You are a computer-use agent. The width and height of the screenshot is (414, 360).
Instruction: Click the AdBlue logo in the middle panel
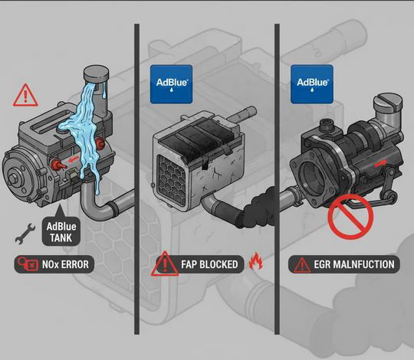pos(171,83)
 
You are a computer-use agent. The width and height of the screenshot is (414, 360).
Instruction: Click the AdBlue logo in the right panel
pos(312,83)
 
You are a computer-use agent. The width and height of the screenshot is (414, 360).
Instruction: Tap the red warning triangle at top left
pos(25,95)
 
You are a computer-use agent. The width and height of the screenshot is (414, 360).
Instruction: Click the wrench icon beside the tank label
pos(25,234)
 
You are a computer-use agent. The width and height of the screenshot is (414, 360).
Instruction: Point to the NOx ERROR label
pos(54,264)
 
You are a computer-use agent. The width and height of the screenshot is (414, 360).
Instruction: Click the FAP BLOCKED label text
pos(209,264)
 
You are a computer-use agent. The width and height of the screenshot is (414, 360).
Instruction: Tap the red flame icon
pos(256,261)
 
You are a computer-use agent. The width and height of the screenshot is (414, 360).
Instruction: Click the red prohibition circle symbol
pos(350,217)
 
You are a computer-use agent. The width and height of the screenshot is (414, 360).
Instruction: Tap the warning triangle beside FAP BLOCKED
pos(165,263)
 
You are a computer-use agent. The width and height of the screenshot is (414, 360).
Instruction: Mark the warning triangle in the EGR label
pos(302,265)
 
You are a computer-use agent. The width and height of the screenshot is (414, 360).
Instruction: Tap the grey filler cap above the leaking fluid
pos(96,73)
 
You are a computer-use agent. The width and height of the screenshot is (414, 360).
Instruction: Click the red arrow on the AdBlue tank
pos(74,159)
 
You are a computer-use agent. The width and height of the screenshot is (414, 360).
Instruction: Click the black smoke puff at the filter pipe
pos(257,208)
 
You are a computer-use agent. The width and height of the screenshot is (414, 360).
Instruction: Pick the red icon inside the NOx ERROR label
pos(27,263)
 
